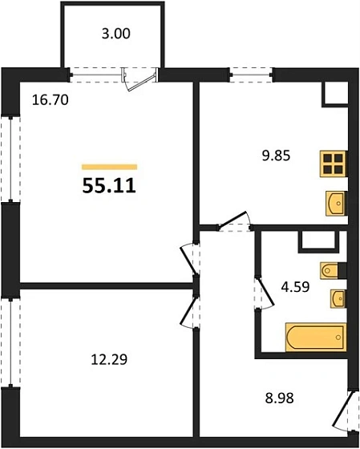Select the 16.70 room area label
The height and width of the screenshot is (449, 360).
coord(46,102)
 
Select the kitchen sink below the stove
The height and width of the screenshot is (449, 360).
coord(335,203)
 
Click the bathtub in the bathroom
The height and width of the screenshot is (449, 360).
coord(315,335)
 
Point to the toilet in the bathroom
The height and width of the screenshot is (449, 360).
coord(331,270)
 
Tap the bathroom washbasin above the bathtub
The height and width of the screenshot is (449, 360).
coord(336,298)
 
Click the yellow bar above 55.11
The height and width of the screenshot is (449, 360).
coord(109,167)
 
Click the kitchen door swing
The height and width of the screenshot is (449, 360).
coord(234,220)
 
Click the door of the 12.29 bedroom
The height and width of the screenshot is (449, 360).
coord(190,310)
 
